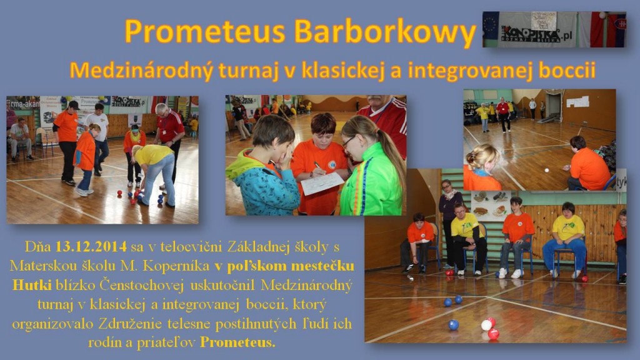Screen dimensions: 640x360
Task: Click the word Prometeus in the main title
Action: coord(204,31)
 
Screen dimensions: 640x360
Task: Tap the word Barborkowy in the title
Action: coord(385,32)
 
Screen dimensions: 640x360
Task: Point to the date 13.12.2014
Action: coord(91,246)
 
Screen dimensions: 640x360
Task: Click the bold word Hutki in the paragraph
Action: coord(32,284)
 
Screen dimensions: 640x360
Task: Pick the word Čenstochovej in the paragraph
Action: coord(143,285)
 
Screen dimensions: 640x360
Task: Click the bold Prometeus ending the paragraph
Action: coord(237,342)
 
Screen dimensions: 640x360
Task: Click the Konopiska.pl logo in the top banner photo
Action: coord(536,34)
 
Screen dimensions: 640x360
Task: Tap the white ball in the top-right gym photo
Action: coord(546,170)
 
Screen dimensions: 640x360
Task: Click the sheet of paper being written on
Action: coord(322,183)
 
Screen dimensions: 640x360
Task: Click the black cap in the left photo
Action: coord(74,105)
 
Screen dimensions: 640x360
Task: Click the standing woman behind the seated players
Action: coord(450,221)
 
